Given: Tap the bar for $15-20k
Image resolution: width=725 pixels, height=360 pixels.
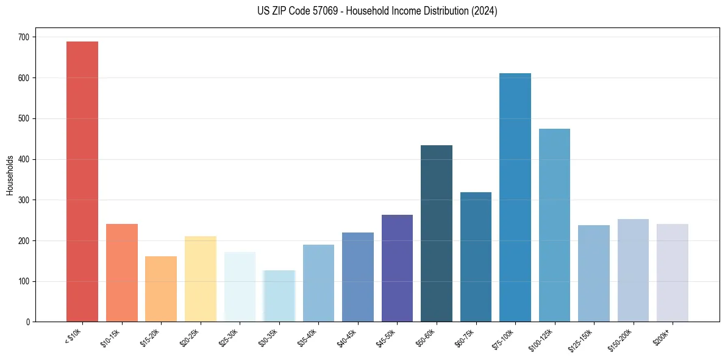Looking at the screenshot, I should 161,289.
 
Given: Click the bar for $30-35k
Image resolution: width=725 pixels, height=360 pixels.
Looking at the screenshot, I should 279,296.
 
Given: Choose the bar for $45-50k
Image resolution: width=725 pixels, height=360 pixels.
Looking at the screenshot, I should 397,268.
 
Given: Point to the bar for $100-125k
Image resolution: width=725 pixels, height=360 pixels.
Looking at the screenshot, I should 554,225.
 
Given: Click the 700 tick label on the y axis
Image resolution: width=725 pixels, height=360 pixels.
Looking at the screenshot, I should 24,37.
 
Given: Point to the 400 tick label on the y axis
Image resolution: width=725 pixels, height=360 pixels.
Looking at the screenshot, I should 24,159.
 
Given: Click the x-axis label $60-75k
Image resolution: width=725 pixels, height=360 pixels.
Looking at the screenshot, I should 466,339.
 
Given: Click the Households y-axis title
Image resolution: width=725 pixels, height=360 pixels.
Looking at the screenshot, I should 10,175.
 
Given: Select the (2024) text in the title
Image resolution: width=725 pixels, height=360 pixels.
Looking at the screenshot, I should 485,11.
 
